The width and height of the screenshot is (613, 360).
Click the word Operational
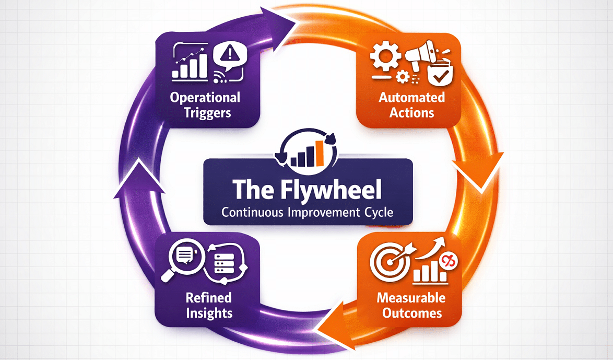click(205, 98)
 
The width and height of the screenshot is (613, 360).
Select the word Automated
click(412, 98)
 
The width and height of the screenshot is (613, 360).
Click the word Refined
click(208, 298)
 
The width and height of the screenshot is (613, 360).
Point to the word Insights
click(208, 313)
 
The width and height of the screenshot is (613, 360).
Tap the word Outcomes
click(412, 313)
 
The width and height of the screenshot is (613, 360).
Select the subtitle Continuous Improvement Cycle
click(308, 213)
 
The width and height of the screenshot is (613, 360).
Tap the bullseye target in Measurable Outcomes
click(386, 260)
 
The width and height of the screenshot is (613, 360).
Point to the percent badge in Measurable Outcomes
click(447, 261)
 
